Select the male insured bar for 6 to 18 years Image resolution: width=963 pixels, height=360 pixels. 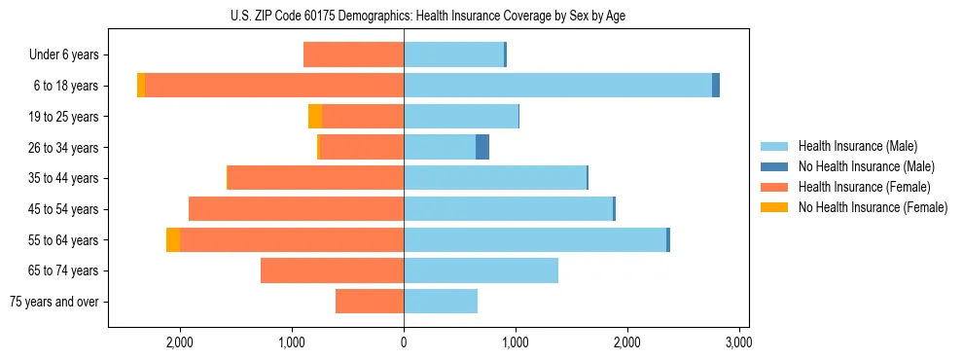tap(557, 86)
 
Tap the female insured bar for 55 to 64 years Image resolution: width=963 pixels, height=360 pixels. tap(292, 239)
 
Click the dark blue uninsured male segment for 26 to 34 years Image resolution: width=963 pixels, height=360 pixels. tap(482, 147)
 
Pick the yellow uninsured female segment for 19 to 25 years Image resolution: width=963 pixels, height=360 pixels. tap(315, 117)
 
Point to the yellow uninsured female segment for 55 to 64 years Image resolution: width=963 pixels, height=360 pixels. tap(173, 239)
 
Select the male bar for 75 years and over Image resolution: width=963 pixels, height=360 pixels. tap(441, 302)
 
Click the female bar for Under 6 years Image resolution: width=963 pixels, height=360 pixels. tap(354, 54)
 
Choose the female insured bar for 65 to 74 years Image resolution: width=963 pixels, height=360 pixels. tap(333, 270)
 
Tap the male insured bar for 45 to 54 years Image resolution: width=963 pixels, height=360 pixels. tap(508, 209)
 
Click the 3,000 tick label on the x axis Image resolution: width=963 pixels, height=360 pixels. tap(738, 343)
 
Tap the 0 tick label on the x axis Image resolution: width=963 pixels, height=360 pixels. tap(404, 343)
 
